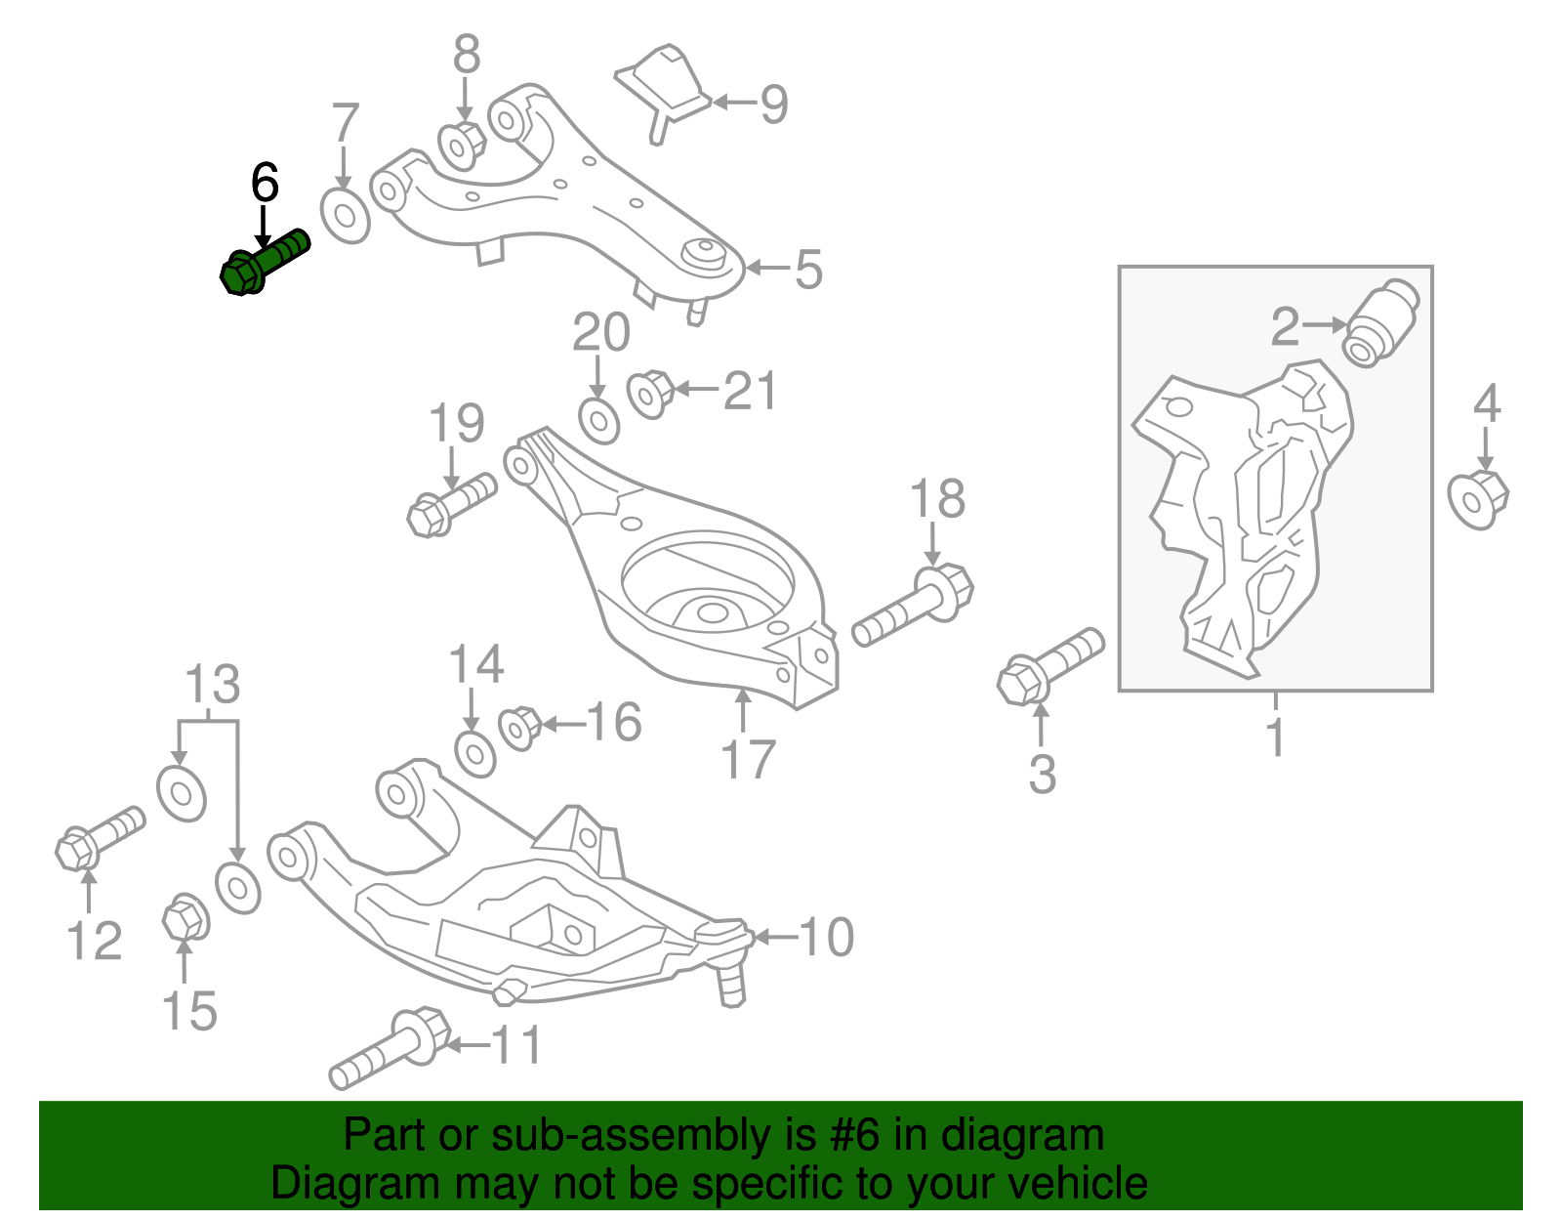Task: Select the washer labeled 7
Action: coord(345,217)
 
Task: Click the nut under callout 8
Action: coord(462,146)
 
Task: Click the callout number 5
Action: coord(808,270)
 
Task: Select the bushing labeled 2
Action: coord(1380,322)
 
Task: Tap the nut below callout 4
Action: coord(1478,500)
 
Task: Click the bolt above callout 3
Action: coord(1050,666)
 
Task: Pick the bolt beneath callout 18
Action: coord(913,604)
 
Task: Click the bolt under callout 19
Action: coord(451,505)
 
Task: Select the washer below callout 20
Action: coord(598,422)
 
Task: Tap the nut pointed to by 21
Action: coord(650,394)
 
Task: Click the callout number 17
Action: coord(748,759)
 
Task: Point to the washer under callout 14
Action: coord(475,755)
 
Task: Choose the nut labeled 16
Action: coord(519,729)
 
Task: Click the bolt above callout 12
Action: coord(101,837)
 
